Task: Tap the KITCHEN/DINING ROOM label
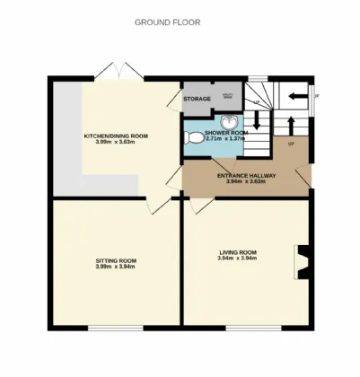[116, 136]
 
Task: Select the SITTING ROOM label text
[115, 260]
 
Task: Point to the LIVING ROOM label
[238, 253]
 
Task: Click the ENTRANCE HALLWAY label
[246, 176]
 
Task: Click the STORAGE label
[197, 98]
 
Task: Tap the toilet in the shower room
[193, 138]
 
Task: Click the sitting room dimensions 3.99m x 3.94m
[115, 267]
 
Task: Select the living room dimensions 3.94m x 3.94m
[238, 259]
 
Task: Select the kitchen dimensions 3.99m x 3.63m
[116, 142]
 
